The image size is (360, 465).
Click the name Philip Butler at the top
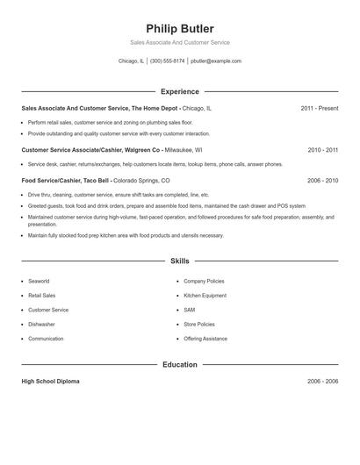pyautogui.click(x=180, y=28)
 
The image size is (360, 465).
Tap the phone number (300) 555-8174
pyautogui.click(x=167, y=61)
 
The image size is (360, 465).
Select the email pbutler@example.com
pyautogui.click(x=215, y=61)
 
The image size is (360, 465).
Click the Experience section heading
pyautogui.click(x=180, y=91)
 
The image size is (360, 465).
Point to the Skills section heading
pyautogui.click(x=180, y=261)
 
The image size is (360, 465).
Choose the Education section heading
pyautogui.click(x=180, y=364)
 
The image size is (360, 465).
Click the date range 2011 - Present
pyautogui.click(x=319, y=108)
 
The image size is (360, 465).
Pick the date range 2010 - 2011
pyautogui.click(x=323, y=150)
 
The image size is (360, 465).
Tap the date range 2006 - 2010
pyautogui.click(x=323, y=180)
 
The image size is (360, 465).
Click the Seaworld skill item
pyautogui.click(x=40, y=281)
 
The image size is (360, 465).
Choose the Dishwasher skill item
pyautogui.click(x=41, y=324)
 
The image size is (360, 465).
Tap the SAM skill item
pyautogui.click(x=189, y=310)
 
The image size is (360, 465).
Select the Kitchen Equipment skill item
pyautogui.click(x=205, y=296)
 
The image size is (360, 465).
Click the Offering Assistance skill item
pyautogui.click(x=205, y=338)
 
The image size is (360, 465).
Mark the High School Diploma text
pyautogui.click(x=52, y=382)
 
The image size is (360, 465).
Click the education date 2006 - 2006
pyautogui.click(x=323, y=382)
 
